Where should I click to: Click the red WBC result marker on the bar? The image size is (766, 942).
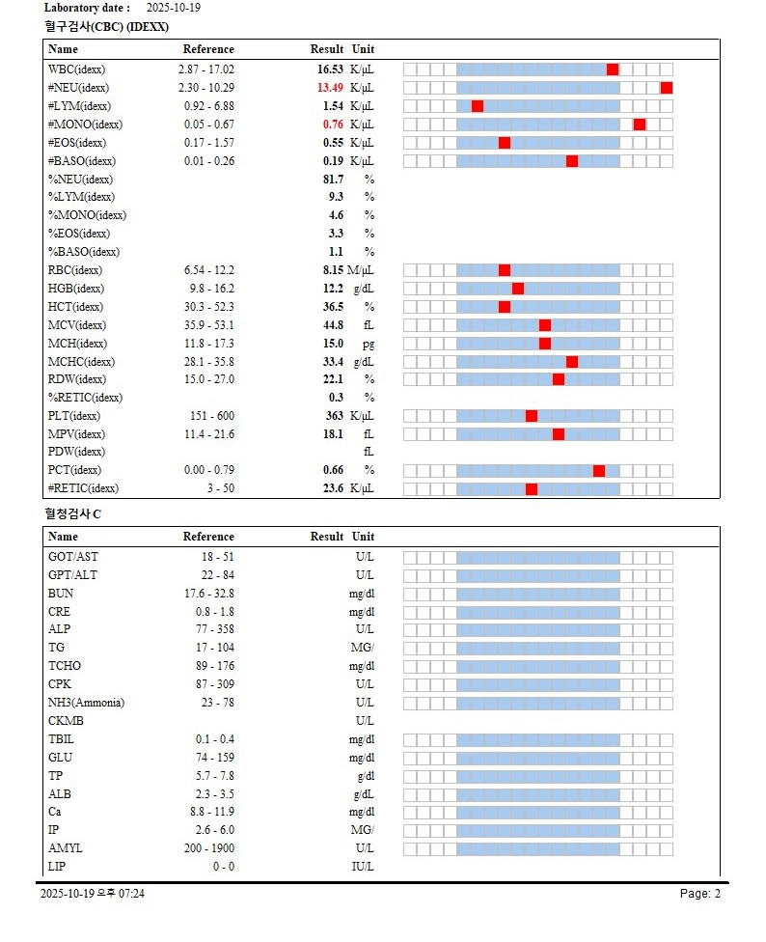click(x=613, y=69)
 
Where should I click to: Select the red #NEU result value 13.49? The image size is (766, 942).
click(x=330, y=88)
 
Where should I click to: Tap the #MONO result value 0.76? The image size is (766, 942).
click(x=333, y=125)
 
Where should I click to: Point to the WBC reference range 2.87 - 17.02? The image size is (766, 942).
click(x=206, y=69)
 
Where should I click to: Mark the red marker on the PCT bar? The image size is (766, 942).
click(x=599, y=471)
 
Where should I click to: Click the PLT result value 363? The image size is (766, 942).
click(x=334, y=416)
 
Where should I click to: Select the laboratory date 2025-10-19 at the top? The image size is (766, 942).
click(x=175, y=8)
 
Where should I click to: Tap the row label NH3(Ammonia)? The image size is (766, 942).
click(x=86, y=703)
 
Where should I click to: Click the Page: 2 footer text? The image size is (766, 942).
click(x=700, y=894)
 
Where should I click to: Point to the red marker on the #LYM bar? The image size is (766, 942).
click(x=478, y=106)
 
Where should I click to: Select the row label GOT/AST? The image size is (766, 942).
click(x=73, y=557)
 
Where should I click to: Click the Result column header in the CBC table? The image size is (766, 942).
click(x=327, y=49)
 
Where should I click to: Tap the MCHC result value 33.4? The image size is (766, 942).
click(x=333, y=362)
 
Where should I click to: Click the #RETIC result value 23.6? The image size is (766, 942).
click(x=333, y=488)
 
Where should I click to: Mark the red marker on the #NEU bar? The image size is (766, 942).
click(x=667, y=88)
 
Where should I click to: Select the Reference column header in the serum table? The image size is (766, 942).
click(x=208, y=537)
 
